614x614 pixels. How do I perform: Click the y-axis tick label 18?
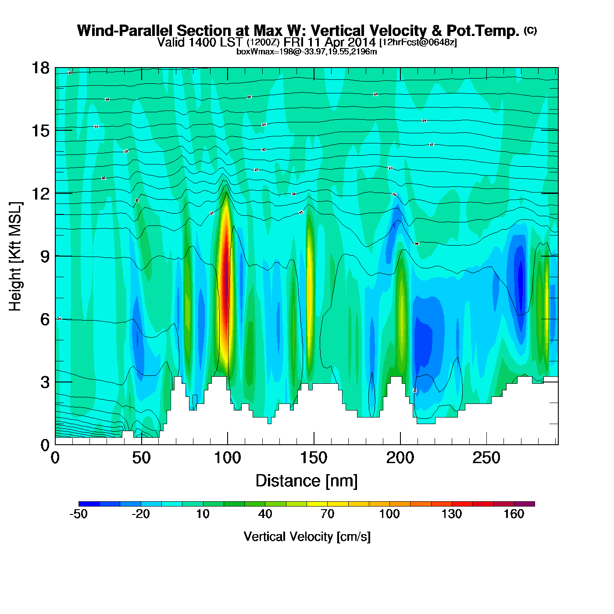click(40, 68)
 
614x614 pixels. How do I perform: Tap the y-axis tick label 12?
click(40, 193)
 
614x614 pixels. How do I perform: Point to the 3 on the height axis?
click(45, 382)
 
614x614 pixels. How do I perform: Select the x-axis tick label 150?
click(314, 458)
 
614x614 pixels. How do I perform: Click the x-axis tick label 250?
click(486, 458)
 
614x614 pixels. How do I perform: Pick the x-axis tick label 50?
click(141, 458)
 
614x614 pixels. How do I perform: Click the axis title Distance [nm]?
click(307, 481)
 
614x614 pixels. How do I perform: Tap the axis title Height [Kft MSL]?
click(15, 257)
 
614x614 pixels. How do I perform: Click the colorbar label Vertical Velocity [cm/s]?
click(307, 536)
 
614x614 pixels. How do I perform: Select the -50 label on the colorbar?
click(79, 514)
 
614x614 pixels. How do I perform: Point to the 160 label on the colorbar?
click(514, 514)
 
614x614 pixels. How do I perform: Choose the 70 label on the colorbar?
click(327, 514)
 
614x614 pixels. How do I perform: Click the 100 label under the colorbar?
click(389, 514)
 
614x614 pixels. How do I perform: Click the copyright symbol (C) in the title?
click(530, 30)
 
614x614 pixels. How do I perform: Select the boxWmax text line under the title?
click(307, 52)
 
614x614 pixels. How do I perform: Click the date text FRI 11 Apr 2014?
click(329, 42)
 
